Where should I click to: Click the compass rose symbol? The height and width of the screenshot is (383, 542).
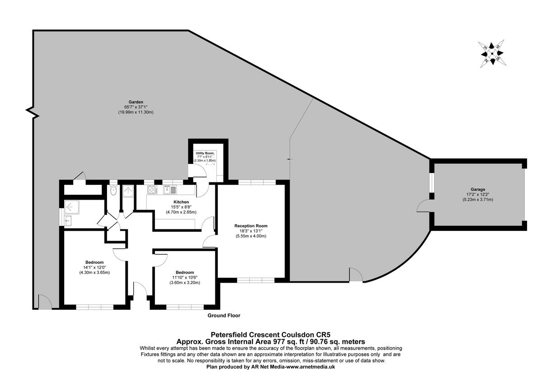pos(492,53)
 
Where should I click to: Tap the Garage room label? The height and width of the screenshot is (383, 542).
pos(478,190)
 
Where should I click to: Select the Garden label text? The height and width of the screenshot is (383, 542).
pos(136,102)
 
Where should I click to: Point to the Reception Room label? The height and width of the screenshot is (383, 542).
pos(251,226)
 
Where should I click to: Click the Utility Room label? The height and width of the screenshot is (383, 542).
pos(205,154)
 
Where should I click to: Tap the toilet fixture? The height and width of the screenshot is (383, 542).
pos(113,191)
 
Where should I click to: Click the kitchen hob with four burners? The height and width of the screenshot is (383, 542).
pos(152,190)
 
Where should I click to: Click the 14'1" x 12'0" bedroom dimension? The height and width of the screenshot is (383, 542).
pos(95,267)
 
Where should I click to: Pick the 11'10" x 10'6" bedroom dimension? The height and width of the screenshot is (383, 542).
pos(185,277)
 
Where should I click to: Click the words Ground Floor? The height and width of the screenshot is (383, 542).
pos(224,316)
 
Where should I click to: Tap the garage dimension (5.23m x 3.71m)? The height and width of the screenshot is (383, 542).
pos(478,199)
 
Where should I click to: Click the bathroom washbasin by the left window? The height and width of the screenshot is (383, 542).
pos(68,221)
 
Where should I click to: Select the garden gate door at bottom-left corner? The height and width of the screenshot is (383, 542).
pos(44,302)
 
